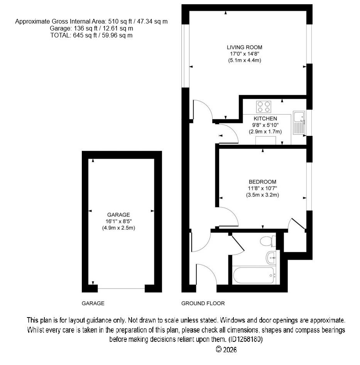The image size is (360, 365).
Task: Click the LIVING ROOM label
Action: point(245,47)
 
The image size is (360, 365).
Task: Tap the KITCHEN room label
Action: point(265,118)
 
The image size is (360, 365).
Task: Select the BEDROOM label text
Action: point(262,182)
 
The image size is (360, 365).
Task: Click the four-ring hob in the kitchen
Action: point(264,107)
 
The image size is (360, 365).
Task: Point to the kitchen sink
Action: point(299,123)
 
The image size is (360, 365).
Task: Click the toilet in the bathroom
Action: point(268,241)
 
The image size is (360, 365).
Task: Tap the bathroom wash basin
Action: point(271,258)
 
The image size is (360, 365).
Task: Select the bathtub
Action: point(254,275)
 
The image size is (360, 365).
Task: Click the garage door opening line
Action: point(121,289)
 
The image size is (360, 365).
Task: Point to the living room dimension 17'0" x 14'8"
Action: point(245,54)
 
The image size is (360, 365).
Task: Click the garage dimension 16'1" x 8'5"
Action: point(118,221)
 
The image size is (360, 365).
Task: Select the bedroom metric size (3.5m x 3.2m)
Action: point(262,195)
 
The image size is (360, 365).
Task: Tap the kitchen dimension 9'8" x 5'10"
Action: point(265,125)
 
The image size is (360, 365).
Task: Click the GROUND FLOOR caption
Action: point(203,303)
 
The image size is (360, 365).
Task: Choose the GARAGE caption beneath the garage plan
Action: point(93,303)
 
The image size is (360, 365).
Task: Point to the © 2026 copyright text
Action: point(226,350)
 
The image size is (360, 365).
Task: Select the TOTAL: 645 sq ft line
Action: point(91,35)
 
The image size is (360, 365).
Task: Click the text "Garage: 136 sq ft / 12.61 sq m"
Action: point(91,29)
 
